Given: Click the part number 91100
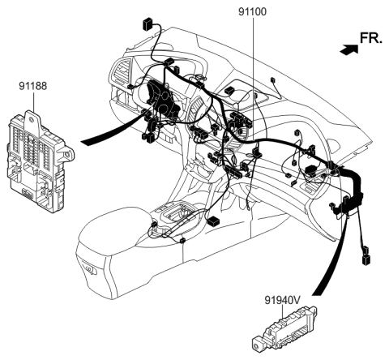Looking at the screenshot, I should point(254,14).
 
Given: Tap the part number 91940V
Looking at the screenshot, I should point(283,298).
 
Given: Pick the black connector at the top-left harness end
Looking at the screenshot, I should point(147,23).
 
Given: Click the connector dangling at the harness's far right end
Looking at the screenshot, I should point(366,259).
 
